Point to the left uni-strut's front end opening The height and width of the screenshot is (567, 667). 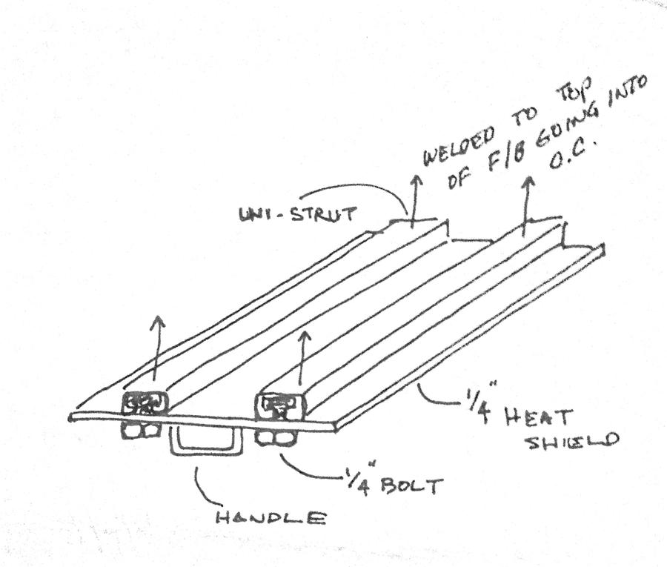click(145, 403)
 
